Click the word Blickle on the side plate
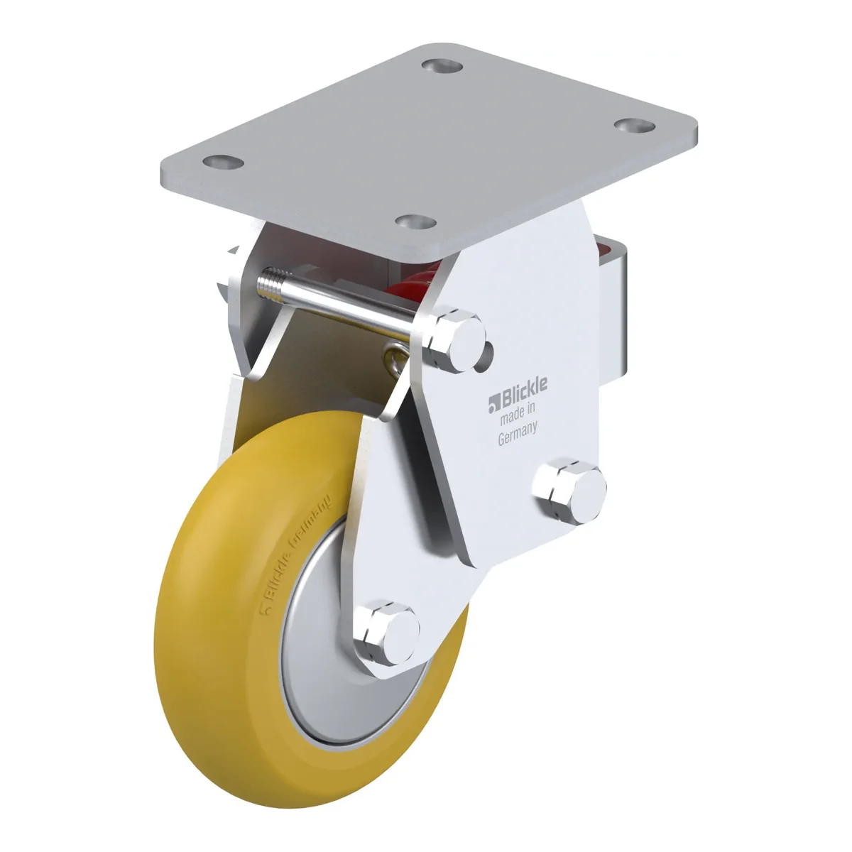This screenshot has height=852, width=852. [x=524, y=388]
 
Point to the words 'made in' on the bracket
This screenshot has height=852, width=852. [x=517, y=413]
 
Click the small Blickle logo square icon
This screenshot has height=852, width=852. [x=493, y=404]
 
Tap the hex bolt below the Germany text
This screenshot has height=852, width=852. [x=569, y=491]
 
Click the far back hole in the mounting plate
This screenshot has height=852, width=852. [x=442, y=66]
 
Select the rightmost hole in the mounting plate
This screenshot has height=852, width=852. [x=635, y=126]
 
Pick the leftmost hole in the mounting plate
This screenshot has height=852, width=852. [x=223, y=162]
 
